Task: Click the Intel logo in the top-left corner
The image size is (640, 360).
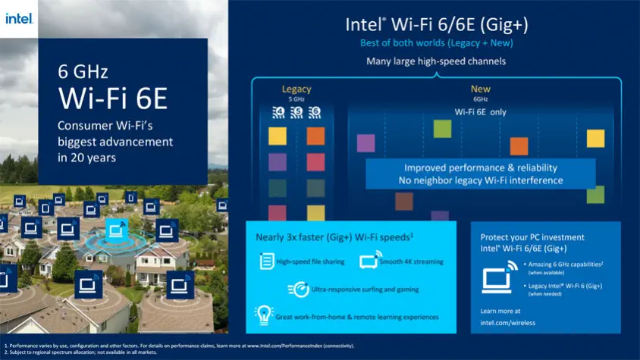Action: (19, 17)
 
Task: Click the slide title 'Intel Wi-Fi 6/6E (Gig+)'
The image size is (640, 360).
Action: (437, 24)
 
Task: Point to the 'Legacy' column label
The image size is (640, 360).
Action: (296, 89)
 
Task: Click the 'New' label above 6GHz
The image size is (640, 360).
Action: (480, 89)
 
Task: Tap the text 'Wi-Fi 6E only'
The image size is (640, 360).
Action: (480, 111)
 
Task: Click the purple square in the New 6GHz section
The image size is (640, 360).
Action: (366, 142)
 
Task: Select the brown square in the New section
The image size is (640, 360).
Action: (404, 201)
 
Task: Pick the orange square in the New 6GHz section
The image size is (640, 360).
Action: (519, 146)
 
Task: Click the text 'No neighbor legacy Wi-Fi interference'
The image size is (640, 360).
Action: (481, 180)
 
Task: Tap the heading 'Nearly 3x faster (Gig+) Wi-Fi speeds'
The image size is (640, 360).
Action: (328, 237)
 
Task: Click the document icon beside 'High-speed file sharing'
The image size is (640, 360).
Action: (266, 261)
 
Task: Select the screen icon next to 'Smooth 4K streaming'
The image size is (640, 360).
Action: (368, 261)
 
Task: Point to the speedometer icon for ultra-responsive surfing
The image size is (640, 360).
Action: (300, 289)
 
